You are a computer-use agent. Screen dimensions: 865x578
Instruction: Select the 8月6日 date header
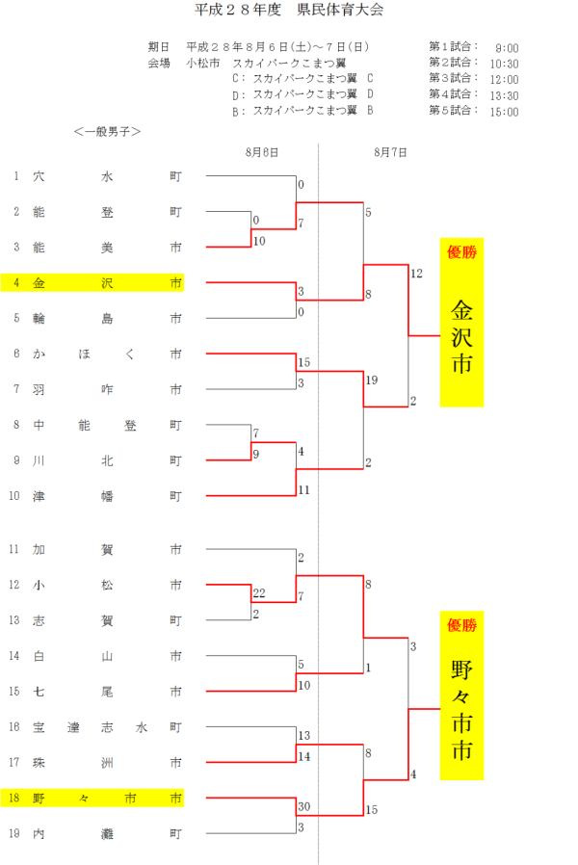coord(262,152)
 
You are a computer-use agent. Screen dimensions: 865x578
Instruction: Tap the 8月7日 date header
coord(390,152)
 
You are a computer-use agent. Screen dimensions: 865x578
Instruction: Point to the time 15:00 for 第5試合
coord(504,112)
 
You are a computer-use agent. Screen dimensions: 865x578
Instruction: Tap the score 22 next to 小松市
coord(258,593)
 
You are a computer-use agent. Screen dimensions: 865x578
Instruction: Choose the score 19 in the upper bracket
coord(371,380)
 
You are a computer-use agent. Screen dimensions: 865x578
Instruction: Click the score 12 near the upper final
coord(416,274)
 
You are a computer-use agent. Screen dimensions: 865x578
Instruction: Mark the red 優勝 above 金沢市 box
coord(462,253)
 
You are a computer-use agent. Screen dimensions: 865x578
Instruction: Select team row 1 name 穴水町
coord(106,176)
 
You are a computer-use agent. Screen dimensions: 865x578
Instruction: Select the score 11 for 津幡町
coord(304,490)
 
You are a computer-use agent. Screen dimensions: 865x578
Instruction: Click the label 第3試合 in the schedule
coord(452,79)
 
